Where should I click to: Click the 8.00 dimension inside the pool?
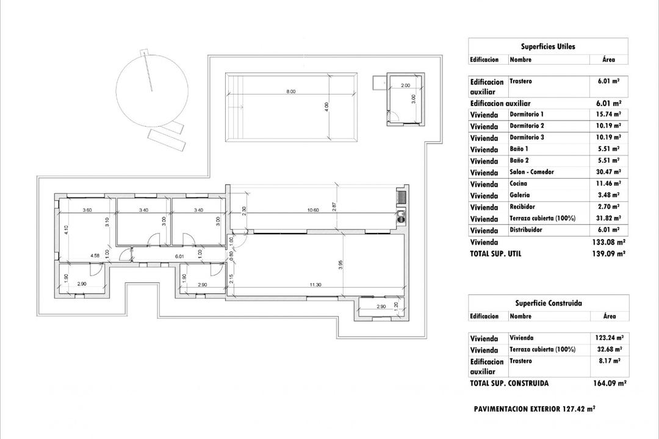pyautogui.click(x=290, y=91)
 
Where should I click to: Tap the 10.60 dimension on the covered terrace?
pyautogui.click(x=314, y=210)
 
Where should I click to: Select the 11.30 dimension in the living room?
pyautogui.click(x=315, y=284)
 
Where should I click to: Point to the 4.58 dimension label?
pyautogui.click(x=95, y=255)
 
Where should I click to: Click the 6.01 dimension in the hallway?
pyautogui.click(x=180, y=257)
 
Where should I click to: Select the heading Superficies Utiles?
pyautogui.click(x=547, y=46)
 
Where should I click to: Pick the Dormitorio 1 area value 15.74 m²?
pyautogui.click(x=609, y=114)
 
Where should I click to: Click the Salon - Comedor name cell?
pyautogui.click(x=531, y=172)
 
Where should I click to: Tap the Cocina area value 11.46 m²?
pyautogui.click(x=609, y=184)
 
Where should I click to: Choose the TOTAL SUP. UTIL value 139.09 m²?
pyautogui.click(x=608, y=254)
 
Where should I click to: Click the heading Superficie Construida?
pyautogui.click(x=548, y=303)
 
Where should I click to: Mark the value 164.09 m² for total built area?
pyautogui.click(x=609, y=384)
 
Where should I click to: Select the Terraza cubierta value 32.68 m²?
pyautogui.click(x=609, y=349)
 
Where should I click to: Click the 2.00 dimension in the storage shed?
pyautogui.click(x=405, y=86)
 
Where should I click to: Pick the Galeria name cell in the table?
pyautogui.click(x=520, y=195)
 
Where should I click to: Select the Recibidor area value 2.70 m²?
pyautogui.click(x=609, y=207)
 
